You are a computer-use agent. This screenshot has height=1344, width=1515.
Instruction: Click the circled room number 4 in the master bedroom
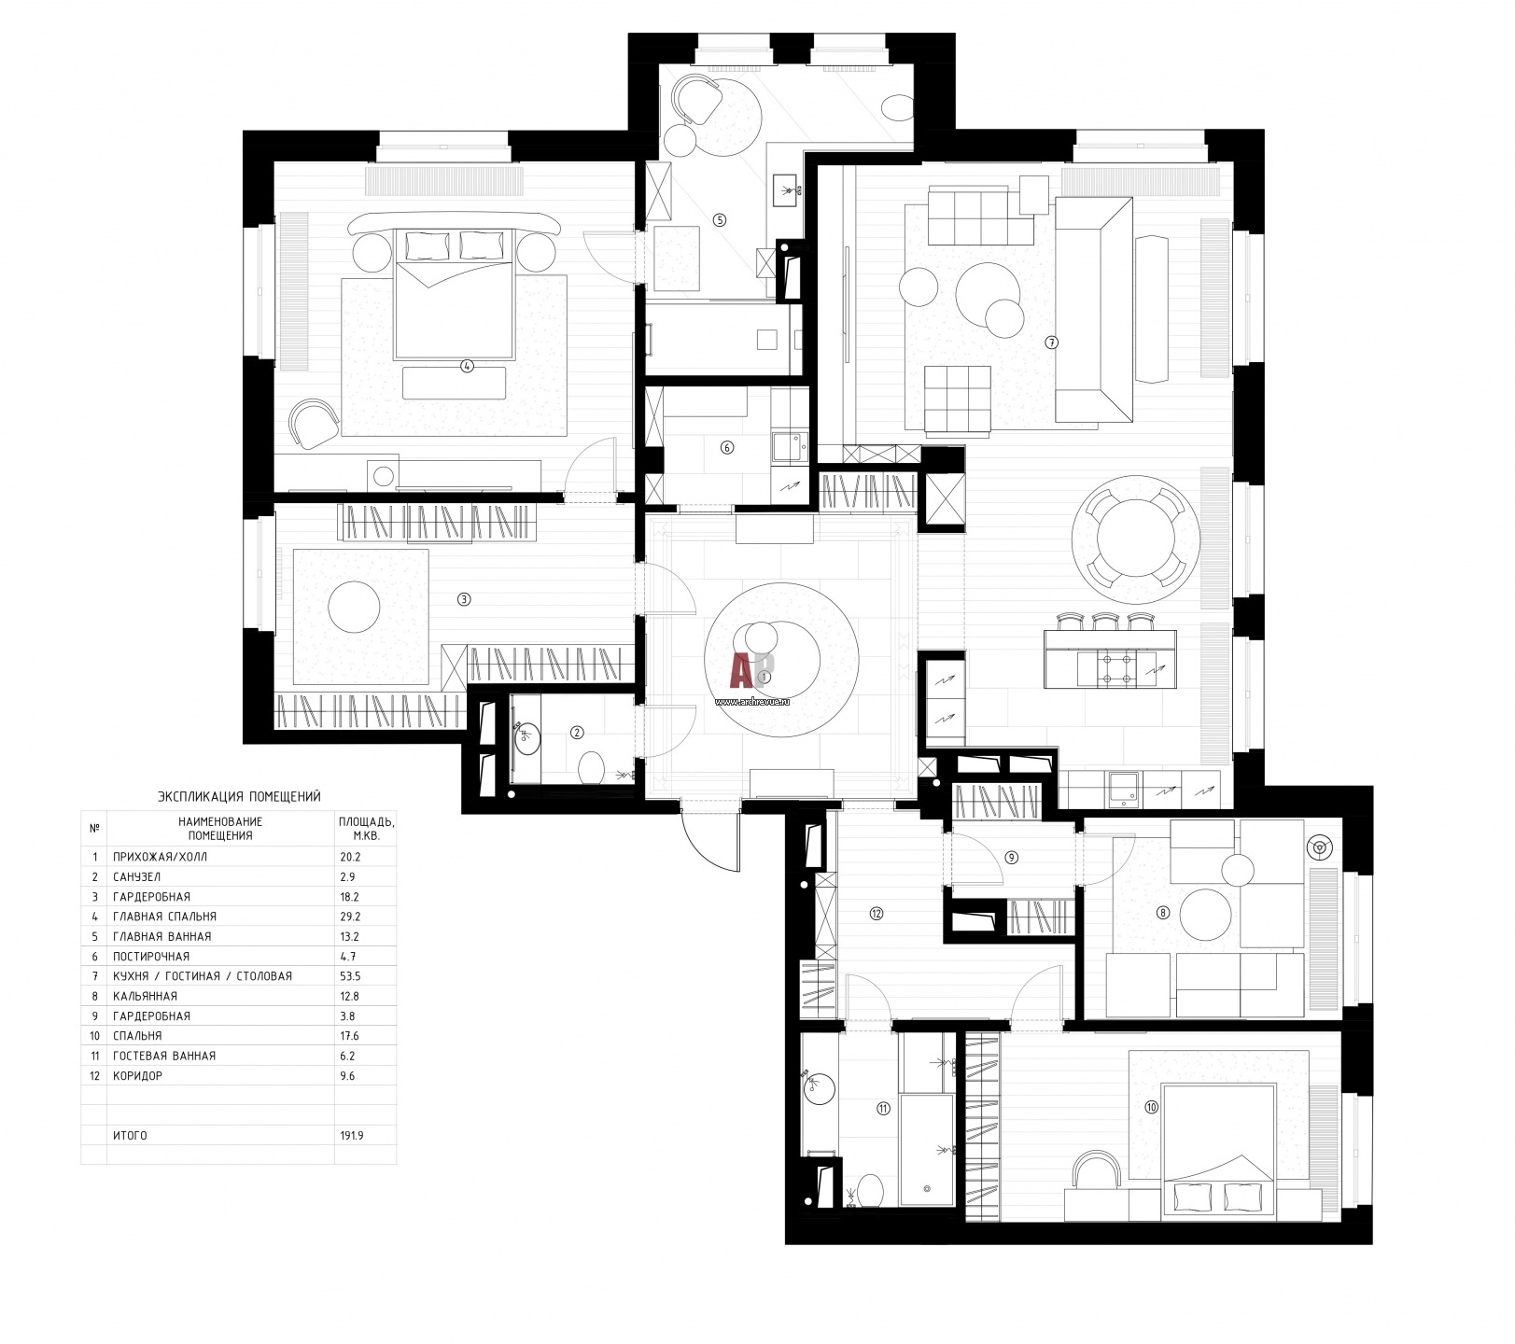point(468,367)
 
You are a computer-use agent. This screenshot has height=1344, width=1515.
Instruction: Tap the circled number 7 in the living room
point(1052,343)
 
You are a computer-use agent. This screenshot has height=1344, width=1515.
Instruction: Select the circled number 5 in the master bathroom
point(719,220)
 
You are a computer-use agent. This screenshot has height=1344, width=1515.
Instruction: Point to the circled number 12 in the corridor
point(876,914)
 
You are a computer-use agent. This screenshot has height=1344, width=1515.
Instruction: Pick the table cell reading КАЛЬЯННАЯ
point(145,996)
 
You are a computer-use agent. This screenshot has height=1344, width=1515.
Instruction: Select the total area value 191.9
point(354,1136)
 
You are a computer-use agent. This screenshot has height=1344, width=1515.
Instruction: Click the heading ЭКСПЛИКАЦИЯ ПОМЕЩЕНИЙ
point(240,796)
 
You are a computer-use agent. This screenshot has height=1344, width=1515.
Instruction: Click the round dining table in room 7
point(1134,539)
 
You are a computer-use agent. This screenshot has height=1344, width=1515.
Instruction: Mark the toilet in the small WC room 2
point(592,769)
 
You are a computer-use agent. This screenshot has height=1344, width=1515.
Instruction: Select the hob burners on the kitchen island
point(1117,667)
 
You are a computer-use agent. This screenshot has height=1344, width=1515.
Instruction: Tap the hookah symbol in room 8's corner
point(1319,847)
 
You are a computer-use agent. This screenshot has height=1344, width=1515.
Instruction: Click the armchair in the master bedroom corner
point(314,424)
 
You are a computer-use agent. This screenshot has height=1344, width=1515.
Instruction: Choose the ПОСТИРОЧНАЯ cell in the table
point(150,957)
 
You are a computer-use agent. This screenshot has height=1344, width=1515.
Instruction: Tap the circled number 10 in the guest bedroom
point(1151,1108)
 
